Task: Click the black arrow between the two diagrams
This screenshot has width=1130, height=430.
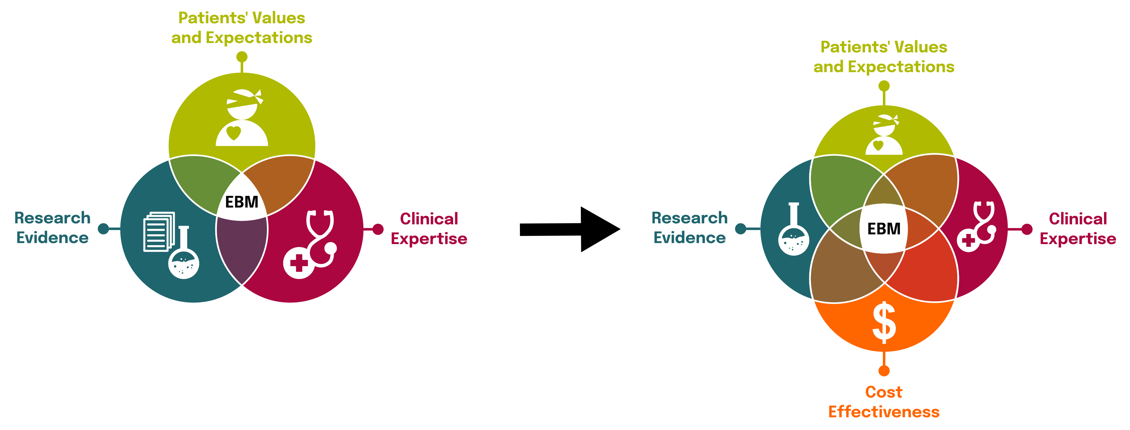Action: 570,229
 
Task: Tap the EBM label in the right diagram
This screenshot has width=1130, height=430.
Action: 884,229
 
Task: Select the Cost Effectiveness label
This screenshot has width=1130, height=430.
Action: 884,401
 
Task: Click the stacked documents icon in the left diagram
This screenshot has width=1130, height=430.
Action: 158,232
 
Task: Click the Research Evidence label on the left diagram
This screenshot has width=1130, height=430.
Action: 53,228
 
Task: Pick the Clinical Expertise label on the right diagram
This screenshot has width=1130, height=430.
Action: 1077,229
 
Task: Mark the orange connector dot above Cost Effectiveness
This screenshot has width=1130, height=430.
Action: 884,371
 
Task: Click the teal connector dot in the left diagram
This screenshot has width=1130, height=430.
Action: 104,229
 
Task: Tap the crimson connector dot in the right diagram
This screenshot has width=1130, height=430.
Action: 1026,229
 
